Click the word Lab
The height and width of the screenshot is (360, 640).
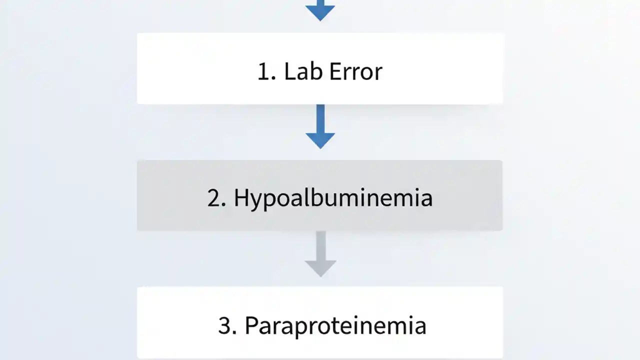(298, 71)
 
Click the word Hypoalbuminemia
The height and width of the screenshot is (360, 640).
(333, 198)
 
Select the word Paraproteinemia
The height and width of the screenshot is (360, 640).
(335, 326)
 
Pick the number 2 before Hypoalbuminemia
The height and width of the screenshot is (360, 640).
(214, 198)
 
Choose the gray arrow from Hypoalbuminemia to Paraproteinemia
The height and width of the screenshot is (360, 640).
(320, 253)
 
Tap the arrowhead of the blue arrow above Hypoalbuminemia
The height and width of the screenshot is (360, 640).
(320, 139)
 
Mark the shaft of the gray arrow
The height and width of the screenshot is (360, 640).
(320, 245)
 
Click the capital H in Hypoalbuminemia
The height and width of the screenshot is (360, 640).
(240, 198)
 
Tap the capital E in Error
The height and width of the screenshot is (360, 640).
(334, 71)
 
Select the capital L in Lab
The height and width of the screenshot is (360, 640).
(289, 71)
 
